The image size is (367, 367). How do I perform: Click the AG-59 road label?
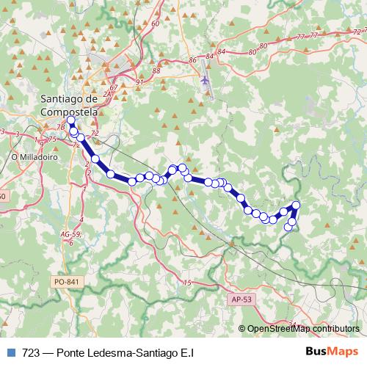click(71, 234)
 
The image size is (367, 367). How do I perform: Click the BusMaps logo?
click(333, 352)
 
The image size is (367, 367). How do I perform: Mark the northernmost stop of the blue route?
click(70, 120)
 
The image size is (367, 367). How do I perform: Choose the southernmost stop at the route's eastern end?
click(288, 228)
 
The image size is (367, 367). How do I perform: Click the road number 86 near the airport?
click(192, 59)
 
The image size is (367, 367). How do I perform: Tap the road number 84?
click(209, 55)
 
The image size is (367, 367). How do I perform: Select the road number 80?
click(253, 51)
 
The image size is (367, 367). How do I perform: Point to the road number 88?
click(156, 70)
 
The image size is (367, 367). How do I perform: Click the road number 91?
click(139, 82)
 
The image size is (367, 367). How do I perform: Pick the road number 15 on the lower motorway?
click(186, 283)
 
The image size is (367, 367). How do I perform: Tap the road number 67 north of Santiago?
click(113, 88)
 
